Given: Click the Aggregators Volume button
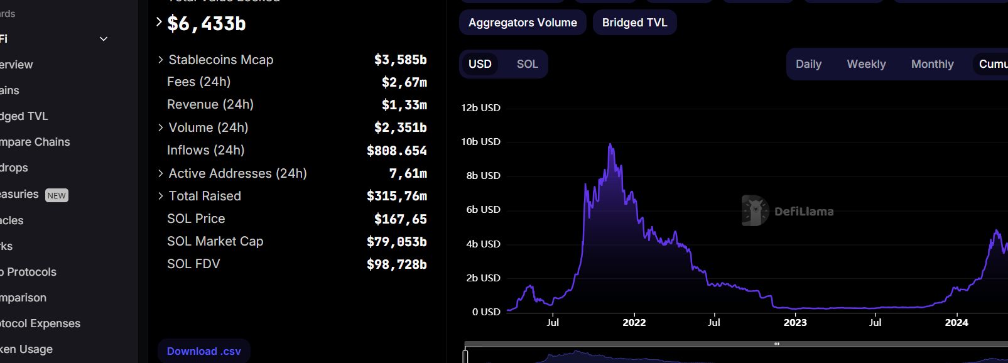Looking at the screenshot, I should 523,23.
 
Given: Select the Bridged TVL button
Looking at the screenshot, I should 634,23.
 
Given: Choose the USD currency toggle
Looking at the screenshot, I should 480,64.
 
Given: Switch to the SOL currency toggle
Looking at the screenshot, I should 527,64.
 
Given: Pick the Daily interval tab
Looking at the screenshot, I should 808,64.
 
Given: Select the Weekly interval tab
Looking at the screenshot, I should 866,64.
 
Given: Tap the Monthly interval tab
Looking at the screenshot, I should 932,64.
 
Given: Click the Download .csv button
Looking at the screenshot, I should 203,351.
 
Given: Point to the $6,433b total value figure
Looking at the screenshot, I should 207,24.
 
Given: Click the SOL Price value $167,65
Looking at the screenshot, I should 400,219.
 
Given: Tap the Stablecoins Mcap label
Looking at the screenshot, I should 221,60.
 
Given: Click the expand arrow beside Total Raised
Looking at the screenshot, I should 161,196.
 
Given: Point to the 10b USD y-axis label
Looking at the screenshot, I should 480,142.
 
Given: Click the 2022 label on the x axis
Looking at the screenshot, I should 634,323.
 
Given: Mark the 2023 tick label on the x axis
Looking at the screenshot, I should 795,323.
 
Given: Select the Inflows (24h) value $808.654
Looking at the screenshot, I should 396,151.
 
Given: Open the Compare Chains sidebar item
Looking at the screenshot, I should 35,142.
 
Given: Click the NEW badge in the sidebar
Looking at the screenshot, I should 57,195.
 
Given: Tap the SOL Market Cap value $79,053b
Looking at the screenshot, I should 396,242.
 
